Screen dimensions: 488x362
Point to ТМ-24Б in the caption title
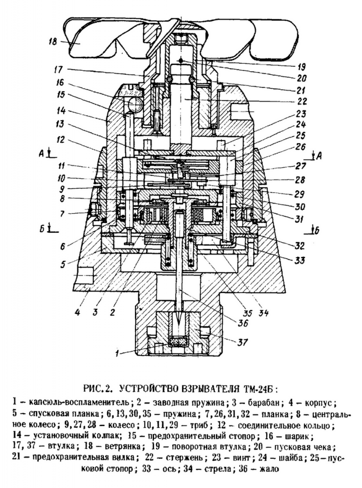pyautogui.click(x=256, y=388)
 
